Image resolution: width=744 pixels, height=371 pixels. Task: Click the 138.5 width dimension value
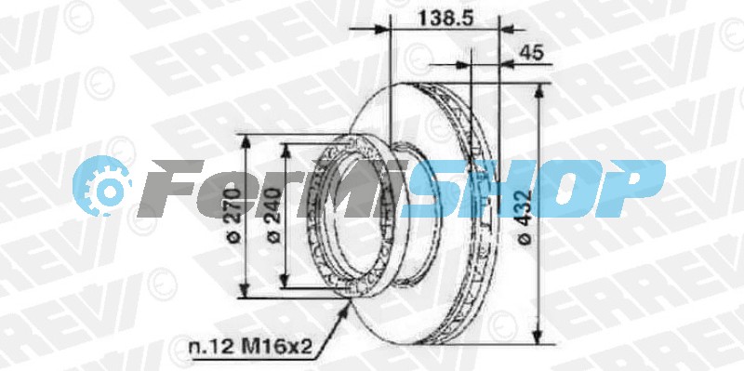tap(445, 19)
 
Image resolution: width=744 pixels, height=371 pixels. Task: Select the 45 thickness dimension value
tap(531, 53)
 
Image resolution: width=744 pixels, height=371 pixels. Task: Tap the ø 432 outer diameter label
tap(525, 217)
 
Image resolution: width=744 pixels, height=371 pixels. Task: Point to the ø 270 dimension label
tap(233, 215)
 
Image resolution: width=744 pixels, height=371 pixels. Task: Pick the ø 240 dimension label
tap(273, 216)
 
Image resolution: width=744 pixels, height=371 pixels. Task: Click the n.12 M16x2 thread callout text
tap(251, 347)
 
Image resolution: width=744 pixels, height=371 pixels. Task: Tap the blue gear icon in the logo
tap(101, 186)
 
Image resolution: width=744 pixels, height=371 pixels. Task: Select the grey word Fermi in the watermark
tap(271, 189)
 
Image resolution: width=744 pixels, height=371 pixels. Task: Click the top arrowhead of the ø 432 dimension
tap(538, 92)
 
